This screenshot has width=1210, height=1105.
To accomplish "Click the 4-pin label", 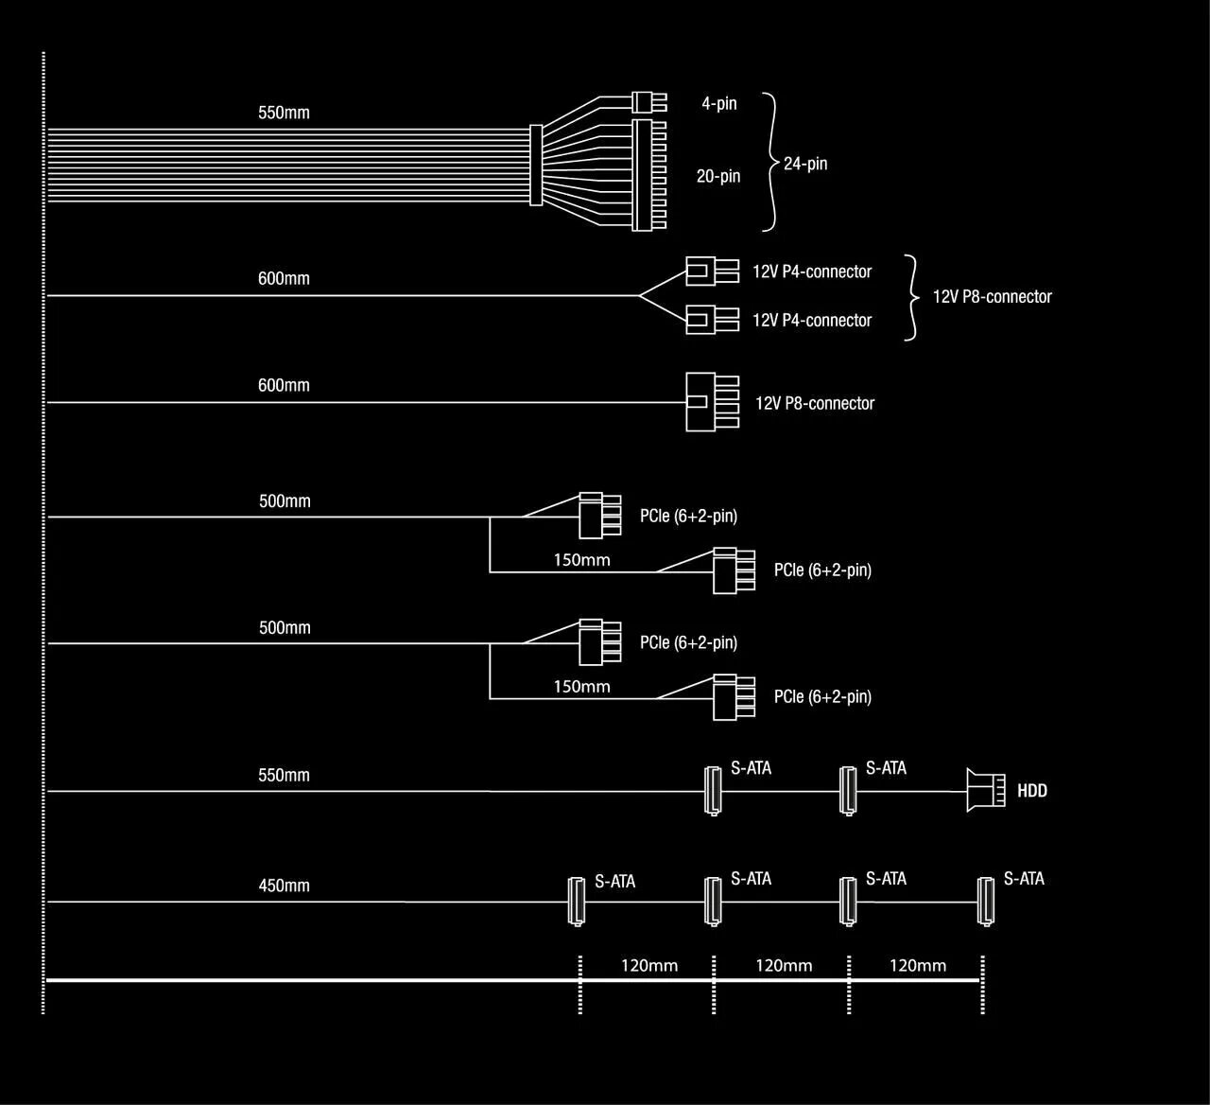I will tap(718, 103).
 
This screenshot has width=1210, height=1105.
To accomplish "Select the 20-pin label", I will tap(718, 176).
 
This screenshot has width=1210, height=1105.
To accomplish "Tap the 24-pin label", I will tap(805, 164).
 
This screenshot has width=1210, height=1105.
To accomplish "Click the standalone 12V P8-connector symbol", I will tap(710, 402).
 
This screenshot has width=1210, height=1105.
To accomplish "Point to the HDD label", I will tap(1032, 791).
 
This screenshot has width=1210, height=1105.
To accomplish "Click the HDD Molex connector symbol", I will tap(985, 790).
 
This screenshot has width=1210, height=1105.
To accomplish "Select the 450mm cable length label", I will tap(284, 886).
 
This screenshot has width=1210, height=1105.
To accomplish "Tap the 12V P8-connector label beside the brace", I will tap(992, 297).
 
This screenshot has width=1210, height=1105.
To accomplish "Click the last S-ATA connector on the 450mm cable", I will tap(986, 901).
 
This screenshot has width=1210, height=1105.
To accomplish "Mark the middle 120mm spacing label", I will tap(784, 966).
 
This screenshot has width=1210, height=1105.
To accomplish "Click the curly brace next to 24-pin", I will tap(771, 162).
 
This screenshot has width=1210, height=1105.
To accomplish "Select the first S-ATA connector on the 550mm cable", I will tap(713, 790).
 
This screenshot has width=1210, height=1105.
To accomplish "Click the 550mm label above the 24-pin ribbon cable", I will tap(284, 113).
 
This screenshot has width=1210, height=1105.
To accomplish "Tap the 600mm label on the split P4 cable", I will tap(284, 279).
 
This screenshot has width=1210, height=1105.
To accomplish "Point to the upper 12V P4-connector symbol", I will tap(710, 272).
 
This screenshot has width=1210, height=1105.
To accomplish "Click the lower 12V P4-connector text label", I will tap(811, 321).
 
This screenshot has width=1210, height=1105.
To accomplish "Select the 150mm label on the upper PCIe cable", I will tap(581, 560).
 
